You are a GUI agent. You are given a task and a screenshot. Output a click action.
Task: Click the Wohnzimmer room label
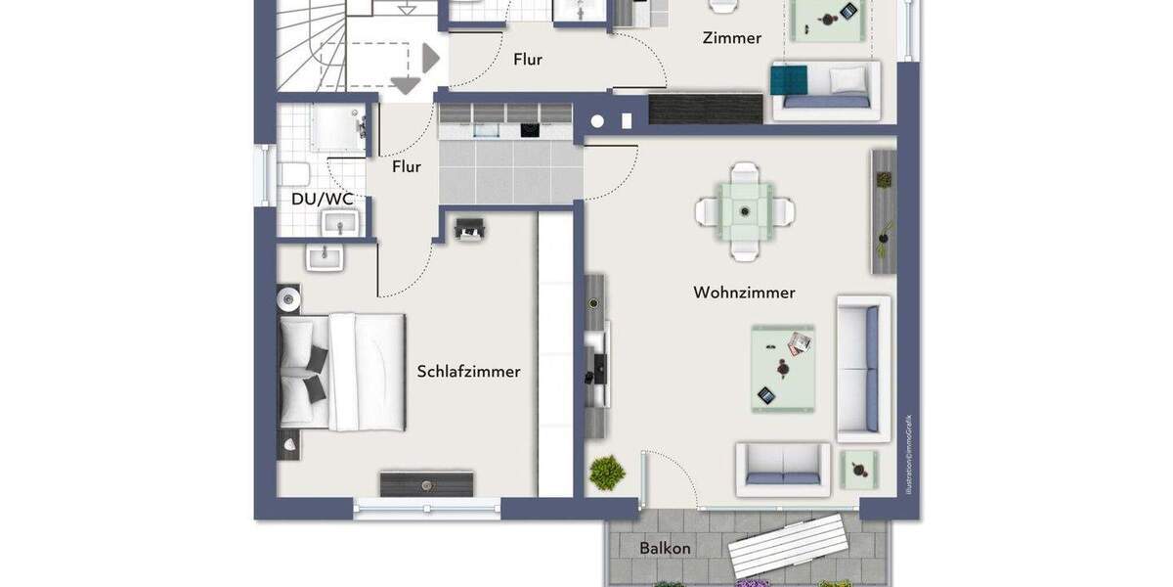[x=744, y=293]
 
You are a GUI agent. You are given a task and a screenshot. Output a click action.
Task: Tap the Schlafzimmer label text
[x=468, y=372]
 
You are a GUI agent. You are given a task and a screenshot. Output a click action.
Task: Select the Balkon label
[x=665, y=548]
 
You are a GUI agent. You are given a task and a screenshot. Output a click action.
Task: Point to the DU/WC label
[x=322, y=200]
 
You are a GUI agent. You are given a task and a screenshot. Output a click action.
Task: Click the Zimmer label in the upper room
[x=731, y=38]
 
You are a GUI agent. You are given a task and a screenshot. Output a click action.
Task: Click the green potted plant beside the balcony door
[x=607, y=473]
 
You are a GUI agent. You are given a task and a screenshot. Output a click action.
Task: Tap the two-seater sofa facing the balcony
[x=782, y=467]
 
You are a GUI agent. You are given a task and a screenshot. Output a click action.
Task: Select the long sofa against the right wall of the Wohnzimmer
[x=863, y=369]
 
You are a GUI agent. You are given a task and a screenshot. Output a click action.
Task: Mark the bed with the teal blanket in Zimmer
[x=824, y=86]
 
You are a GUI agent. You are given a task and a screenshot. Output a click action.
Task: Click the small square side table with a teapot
[x=859, y=469]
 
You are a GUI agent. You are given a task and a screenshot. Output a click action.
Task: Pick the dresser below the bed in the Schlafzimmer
[x=427, y=483]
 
